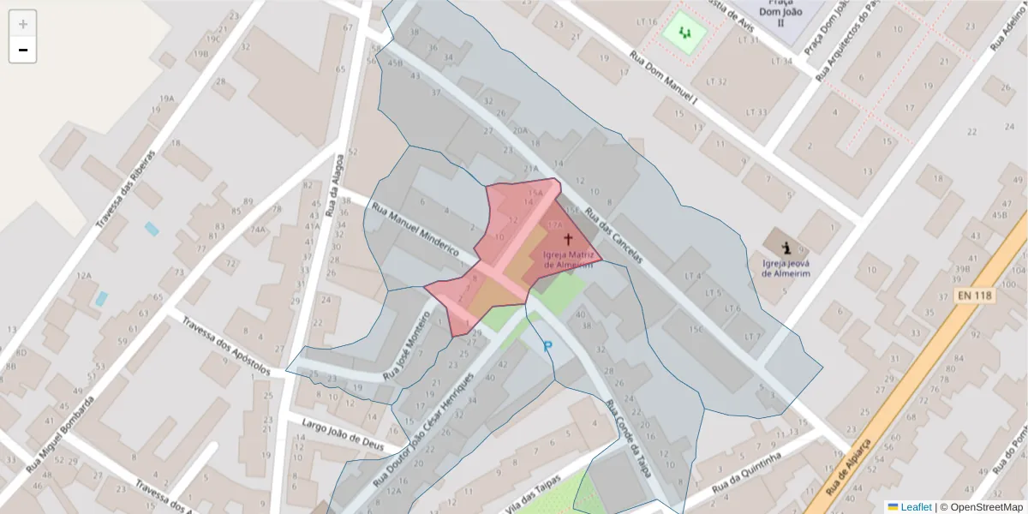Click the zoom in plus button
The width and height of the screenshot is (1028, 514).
coord(23,24)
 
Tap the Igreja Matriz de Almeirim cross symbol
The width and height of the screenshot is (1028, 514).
coord(567,238)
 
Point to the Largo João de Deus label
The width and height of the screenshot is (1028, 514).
coord(343,428)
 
